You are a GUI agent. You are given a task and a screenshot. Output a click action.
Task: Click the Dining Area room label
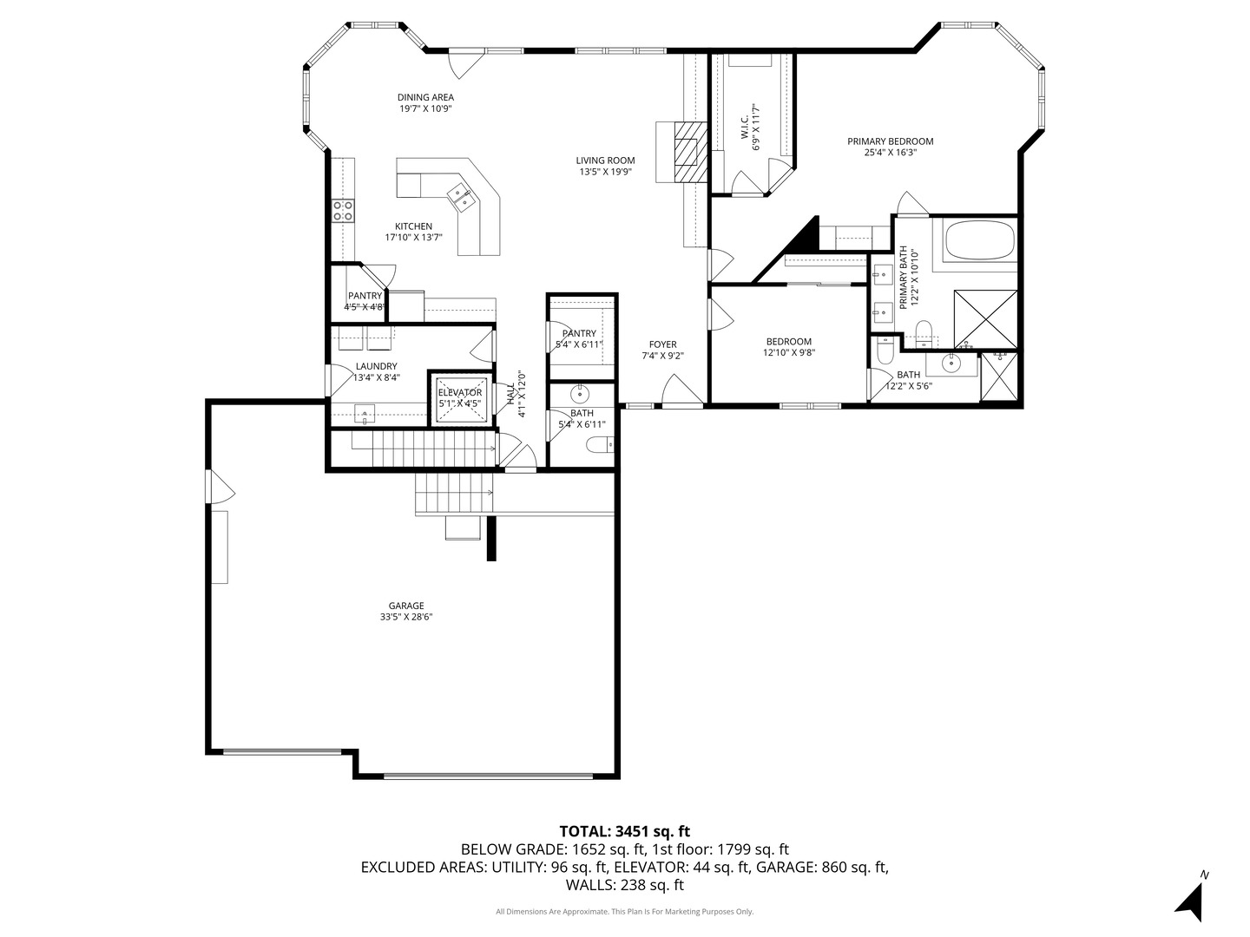tap(425, 98)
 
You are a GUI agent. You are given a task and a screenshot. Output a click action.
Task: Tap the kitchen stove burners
tap(343, 211)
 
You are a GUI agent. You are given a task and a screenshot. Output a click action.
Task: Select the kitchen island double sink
tap(462, 196)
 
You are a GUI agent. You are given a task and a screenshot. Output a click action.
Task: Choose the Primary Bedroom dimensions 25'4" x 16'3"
tap(890, 153)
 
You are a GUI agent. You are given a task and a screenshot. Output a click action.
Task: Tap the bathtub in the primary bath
tap(979, 239)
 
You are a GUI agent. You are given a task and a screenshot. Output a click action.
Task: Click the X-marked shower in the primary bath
tap(985, 319)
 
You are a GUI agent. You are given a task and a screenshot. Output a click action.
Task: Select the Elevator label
tap(459, 392)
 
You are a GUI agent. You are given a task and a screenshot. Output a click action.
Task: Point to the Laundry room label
tap(377, 366)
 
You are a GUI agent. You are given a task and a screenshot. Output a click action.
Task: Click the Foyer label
tap(663, 344)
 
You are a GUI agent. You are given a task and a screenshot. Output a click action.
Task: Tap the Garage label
tap(406, 606)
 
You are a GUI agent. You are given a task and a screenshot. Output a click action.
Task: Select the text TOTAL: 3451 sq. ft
tap(625, 832)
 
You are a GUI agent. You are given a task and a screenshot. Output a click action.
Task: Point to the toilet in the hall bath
tap(600, 444)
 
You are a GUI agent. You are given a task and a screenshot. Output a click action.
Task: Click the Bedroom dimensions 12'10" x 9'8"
tap(789, 353)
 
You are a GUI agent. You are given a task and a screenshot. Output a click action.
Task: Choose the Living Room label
tap(605, 161)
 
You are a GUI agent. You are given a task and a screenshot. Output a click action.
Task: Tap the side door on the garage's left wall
tap(222, 487)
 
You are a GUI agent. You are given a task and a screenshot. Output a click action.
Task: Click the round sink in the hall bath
tap(580, 393)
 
